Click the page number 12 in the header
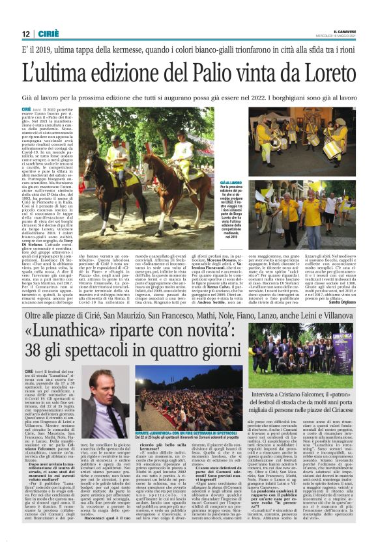point(25,33)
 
